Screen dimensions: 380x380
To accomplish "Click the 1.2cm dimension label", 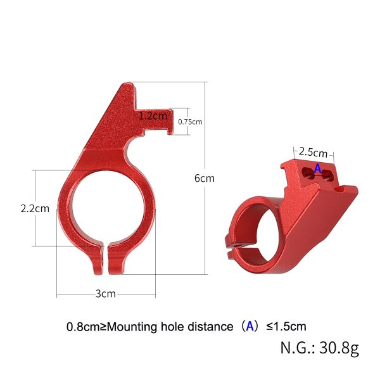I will click(153, 116).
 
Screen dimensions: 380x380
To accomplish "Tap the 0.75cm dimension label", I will click(190, 122).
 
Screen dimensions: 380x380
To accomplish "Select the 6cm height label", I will click(204, 178).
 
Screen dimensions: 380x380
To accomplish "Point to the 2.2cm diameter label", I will click(35, 208).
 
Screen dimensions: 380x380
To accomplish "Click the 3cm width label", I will click(105, 294).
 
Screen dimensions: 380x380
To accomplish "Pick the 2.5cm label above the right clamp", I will click(313, 153).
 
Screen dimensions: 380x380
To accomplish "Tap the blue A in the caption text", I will click(250, 326).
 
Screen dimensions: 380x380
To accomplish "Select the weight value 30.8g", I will click(338, 348).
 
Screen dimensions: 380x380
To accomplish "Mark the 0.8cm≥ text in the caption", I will click(86, 327).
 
